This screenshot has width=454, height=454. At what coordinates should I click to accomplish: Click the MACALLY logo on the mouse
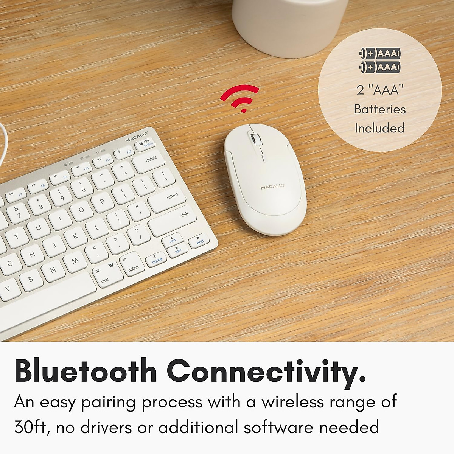(272, 187)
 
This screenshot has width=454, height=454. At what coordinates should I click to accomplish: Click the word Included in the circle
(379, 128)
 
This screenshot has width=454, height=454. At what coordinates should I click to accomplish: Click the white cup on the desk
(290, 26)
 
